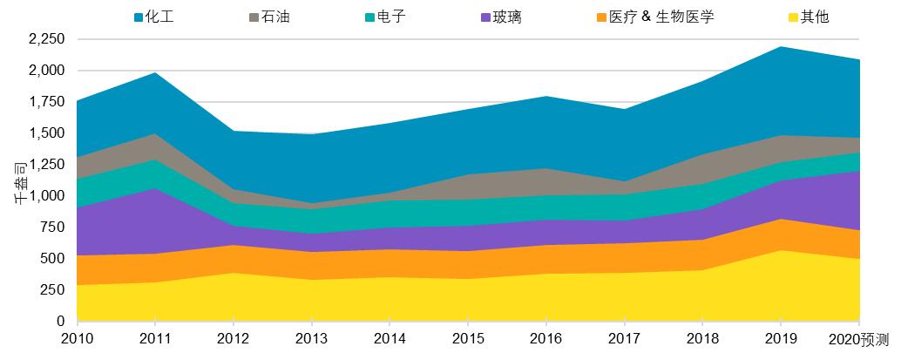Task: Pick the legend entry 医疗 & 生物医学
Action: (x=662, y=16)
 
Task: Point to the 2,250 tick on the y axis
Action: (x=46, y=39)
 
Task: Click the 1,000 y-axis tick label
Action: (x=46, y=196)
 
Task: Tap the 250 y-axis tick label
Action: (x=53, y=290)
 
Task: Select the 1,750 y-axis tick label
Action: (x=46, y=102)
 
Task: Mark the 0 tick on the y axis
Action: (x=61, y=322)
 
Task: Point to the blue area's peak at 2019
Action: (x=782, y=47)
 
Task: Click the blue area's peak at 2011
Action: (x=155, y=73)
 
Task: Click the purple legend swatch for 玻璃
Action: (x=484, y=16)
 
